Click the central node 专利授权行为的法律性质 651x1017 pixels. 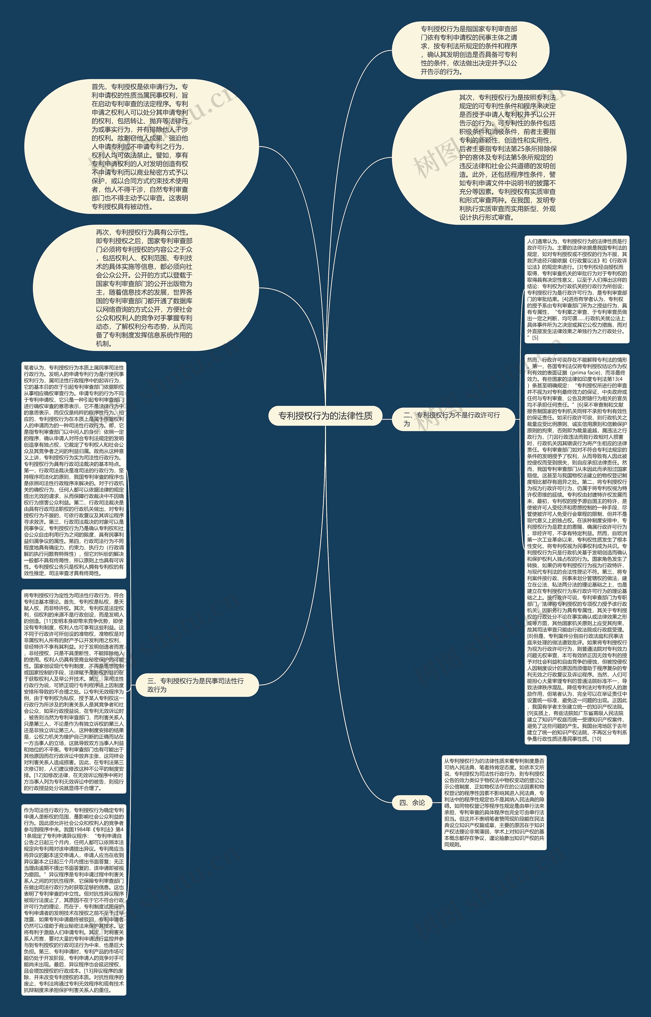coord(325,416)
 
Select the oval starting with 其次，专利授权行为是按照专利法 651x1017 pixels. coord(509,157)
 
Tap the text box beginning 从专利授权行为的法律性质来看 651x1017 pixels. coord(494,802)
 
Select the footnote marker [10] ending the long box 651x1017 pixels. coord(597,739)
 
